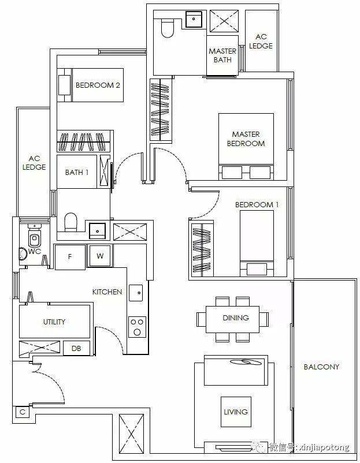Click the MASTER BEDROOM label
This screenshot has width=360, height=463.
pyautogui.click(x=246, y=139)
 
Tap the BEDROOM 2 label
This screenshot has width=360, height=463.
pyautogui.click(x=98, y=85)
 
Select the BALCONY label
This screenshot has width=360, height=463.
pyautogui.click(x=321, y=367)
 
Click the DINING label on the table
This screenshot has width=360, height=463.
pyautogui.click(x=236, y=318)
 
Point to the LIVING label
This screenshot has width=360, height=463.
pyautogui.click(x=236, y=412)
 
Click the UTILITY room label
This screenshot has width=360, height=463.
pyautogui.click(x=54, y=322)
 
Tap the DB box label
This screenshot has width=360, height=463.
pyautogui.click(x=76, y=349)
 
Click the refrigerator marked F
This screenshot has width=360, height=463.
pyautogui.click(x=70, y=256)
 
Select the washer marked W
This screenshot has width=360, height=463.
pyautogui.click(x=100, y=256)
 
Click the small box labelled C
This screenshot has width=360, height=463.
pyautogui.click(x=23, y=412)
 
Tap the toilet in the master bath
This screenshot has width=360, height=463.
pyautogui.click(x=168, y=28)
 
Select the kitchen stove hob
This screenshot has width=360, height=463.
pyautogui.click(x=137, y=327)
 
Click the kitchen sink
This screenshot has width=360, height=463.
pyautogui.click(x=136, y=293)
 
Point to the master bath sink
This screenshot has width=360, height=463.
pyautogui.click(x=194, y=19)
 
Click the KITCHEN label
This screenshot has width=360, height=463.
pyautogui.click(x=107, y=292)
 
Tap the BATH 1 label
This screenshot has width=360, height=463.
pyautogui.click(x=77, y=172)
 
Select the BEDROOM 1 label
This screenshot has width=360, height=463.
pyautogui.click(x=257, y=204)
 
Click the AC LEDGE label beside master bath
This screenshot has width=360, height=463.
pyautogui.click(x=261, y=42)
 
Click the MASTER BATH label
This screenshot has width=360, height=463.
pyautogui.click(x=222, y=55)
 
